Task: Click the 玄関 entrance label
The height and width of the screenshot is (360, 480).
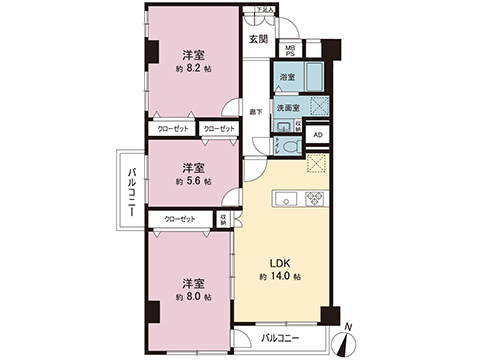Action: tap(259, 39)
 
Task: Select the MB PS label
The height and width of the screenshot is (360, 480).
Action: tap(290, 50)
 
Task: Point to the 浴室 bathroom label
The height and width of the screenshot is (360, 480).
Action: tap(287, 76)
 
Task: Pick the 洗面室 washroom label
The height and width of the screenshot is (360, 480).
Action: tap(289, 105)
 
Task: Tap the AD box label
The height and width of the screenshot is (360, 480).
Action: tap(318, 135)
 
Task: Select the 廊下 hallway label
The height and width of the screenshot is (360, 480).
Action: tap(256, 112)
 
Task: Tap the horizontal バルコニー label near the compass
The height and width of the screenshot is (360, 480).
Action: tap(283, 338)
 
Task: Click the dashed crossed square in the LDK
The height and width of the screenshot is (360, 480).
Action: tap(317, 166)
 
